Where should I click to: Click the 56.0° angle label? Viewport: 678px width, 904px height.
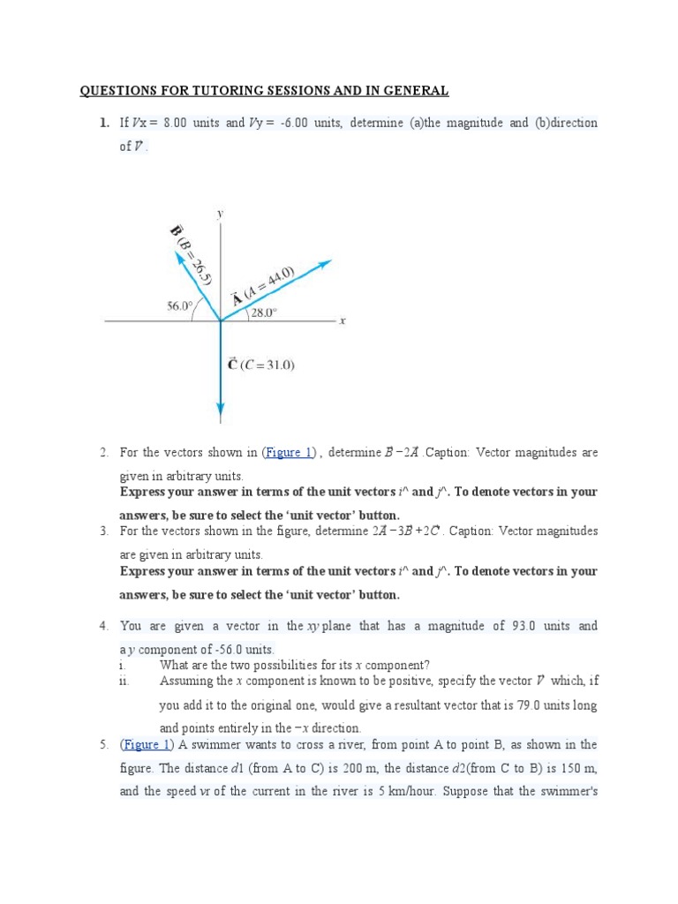(179, 306)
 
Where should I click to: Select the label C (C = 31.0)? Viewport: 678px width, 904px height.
(261, 364)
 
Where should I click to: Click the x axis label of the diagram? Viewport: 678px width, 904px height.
(342, 321)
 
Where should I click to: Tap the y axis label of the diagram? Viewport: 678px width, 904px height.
(219, 213)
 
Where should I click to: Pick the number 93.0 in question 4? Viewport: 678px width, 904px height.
(522, 626)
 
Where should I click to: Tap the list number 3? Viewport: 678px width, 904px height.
(103, 531)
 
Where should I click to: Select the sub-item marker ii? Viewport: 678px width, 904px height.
(124, 681)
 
